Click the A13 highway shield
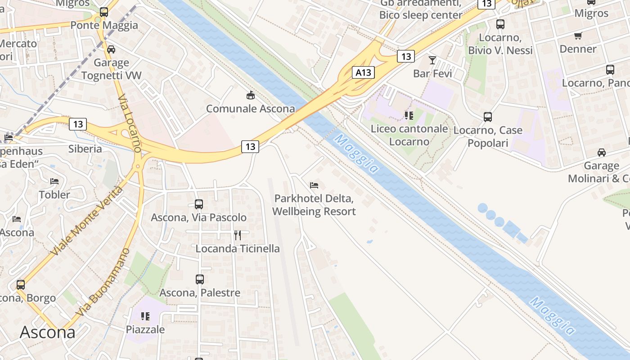coord(363,72)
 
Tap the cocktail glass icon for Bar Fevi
coord(432,60)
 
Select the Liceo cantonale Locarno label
coord(409,135)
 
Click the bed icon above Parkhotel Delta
coord(314,185)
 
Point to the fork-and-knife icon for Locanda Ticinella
coord(238,235)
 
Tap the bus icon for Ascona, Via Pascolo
coord(199,204)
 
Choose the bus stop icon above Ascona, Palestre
coord(200,279)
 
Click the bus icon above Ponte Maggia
coord(104,12)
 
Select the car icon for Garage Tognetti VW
coord(111,49)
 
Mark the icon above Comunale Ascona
coord(250,95)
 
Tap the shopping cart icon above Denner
coord(578,36)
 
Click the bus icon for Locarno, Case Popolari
coord(488,117)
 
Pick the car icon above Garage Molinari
coord(602,152)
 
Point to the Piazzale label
coord(145,329)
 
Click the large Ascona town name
coord(48,332)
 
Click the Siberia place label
coord(85,148)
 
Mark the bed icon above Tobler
coord(54,181)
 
